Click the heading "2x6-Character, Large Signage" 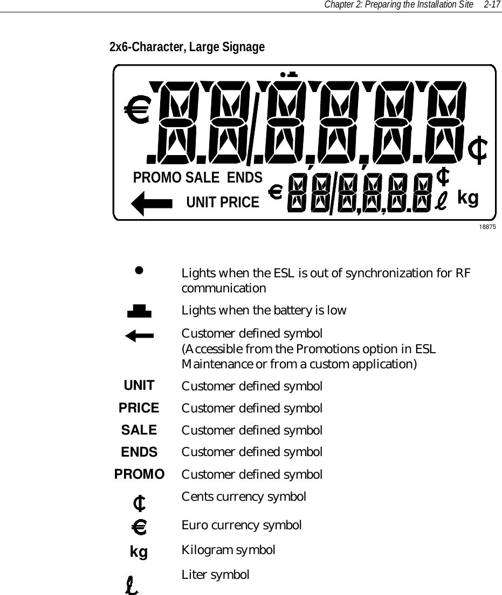187,47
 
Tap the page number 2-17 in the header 492,5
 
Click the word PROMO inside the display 156,177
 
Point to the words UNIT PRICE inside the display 222,202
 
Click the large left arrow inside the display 152,204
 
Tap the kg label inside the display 467,198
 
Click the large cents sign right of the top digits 478,150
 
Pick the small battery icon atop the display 292,74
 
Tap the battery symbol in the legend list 139,311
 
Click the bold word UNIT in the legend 139,386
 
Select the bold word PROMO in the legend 139,474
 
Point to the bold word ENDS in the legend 139,452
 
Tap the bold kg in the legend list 139,552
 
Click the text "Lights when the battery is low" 264,311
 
